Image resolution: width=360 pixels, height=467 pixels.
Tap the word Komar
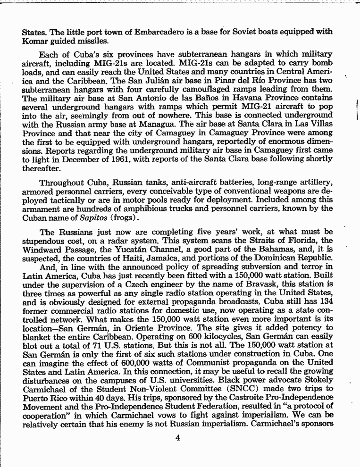[35, 41]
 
